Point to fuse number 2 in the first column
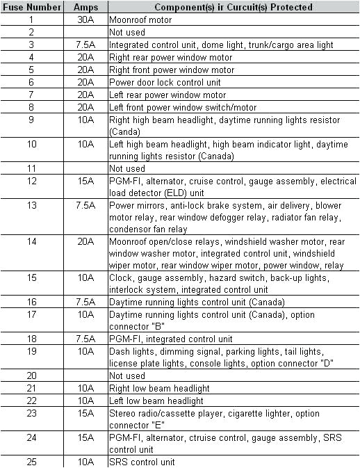[x=31, y=32]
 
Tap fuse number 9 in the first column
[x=31, y=120]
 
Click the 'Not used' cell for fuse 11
[x=127, y=168]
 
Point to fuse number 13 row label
[x=31, y=206]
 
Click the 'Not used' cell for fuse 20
[x=127, y=376]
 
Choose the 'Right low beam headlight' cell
[x=159, y=388]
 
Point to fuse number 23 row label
[x=31, y=413]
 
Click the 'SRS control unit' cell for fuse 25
[x=142, y=462]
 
